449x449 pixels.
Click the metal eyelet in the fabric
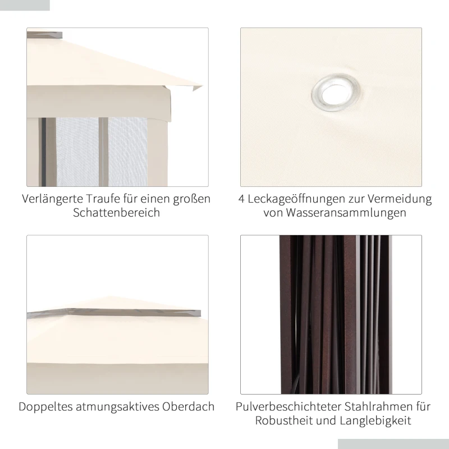(337, 92)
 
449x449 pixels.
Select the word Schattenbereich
(116, 213)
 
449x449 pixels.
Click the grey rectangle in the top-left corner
(25, 5)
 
